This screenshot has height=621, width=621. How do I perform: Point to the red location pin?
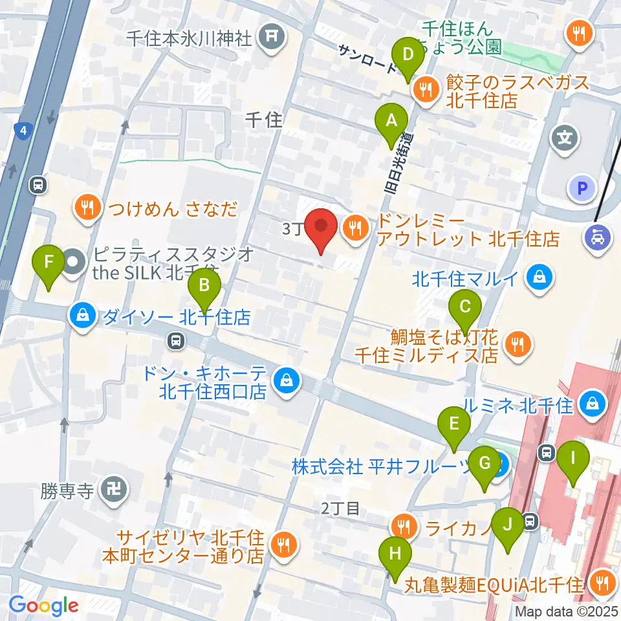pos(321,230)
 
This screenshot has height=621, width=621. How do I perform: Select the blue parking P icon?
pos(580,189)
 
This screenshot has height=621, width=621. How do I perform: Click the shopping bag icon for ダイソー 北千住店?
pos(83,316)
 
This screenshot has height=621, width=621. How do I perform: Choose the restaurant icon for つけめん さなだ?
pos(87,208)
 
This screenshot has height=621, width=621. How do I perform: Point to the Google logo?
pos(43,605)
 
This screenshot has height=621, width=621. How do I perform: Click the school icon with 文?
pos(561,138)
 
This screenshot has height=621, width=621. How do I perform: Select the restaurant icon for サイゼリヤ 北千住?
pos(283,545)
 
